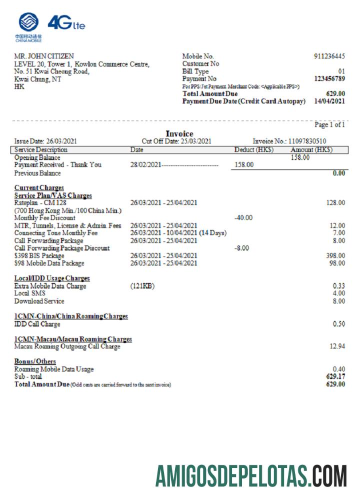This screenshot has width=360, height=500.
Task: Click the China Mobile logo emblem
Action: pos(28,22)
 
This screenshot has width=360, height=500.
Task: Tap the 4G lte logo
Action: pos(66,23)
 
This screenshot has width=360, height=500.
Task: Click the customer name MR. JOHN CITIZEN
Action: pos(44,56)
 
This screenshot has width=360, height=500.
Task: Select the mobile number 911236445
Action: pos(329,56)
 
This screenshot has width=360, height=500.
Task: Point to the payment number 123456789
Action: pos(329,79)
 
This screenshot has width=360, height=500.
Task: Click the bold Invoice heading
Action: pos(179,134)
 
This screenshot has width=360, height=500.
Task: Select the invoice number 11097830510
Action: pos(307,141)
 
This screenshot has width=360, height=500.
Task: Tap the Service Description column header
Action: pos(41,149)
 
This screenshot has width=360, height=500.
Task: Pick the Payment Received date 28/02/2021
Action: pos(145,164)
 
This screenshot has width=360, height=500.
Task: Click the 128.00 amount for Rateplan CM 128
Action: pos(335,202)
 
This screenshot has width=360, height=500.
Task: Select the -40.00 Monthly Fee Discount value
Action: pos(243,217)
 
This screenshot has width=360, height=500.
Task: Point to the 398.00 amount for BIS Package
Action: pos(335,255)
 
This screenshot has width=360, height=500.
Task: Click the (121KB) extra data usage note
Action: pos(142,286)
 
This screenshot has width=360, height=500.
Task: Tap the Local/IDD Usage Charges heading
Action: pos(52,278)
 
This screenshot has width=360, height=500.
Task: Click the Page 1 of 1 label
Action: pos(329,124)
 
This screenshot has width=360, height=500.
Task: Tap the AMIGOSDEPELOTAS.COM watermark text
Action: pos(251,475)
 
